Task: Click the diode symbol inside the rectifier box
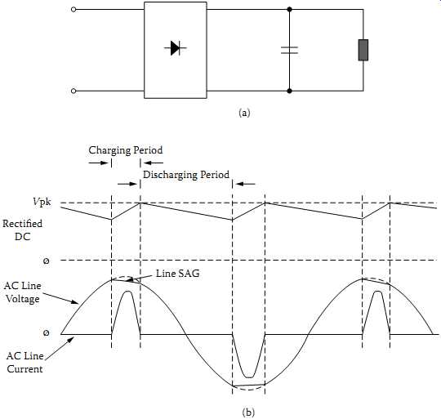point(176,48)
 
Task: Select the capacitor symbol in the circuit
point(289,50)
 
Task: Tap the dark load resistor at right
point(363,50)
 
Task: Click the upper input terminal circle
point(73,10)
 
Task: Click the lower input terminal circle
point(73,91)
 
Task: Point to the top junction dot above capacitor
point(289,10)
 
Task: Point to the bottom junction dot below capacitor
point(289,91)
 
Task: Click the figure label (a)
point(244,113)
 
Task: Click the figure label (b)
point(248,412)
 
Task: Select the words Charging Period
point(126,150)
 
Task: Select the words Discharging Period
point(186,175)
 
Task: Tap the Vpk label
point(42,202)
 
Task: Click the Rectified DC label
point(23,230)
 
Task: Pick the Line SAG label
point(178,274)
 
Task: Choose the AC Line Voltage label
point(23,292)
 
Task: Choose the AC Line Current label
point(24,363)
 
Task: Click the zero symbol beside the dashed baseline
point(46,261)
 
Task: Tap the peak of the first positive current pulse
point(128,292)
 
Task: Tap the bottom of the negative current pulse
point(249,377)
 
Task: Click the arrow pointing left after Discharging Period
point(245,185)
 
